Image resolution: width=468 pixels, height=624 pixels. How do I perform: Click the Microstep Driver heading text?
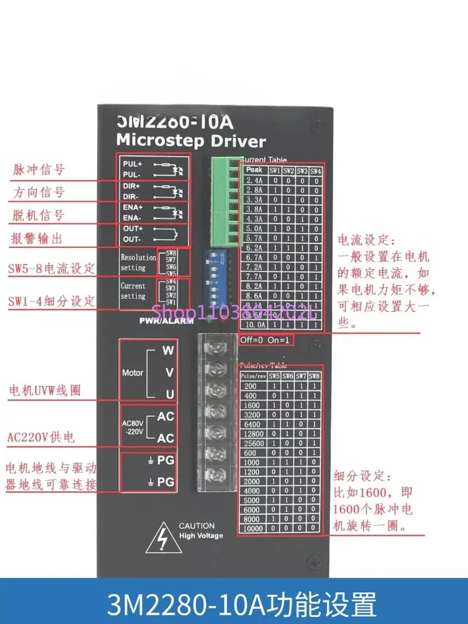click(x=191, y=140)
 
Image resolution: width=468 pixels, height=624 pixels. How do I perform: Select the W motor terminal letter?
click(x=168, y=351)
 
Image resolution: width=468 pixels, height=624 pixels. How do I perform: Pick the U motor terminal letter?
click(x=169, y=394)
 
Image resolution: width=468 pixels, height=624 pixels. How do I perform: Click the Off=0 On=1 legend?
click(x=265, y=340)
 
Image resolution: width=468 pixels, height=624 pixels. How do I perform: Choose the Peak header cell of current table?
click(x=253, y=170)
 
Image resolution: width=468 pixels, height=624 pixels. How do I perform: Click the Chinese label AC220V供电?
click(x=40, y=437)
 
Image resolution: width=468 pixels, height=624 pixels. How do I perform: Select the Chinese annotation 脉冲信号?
click(x=38, y=170)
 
